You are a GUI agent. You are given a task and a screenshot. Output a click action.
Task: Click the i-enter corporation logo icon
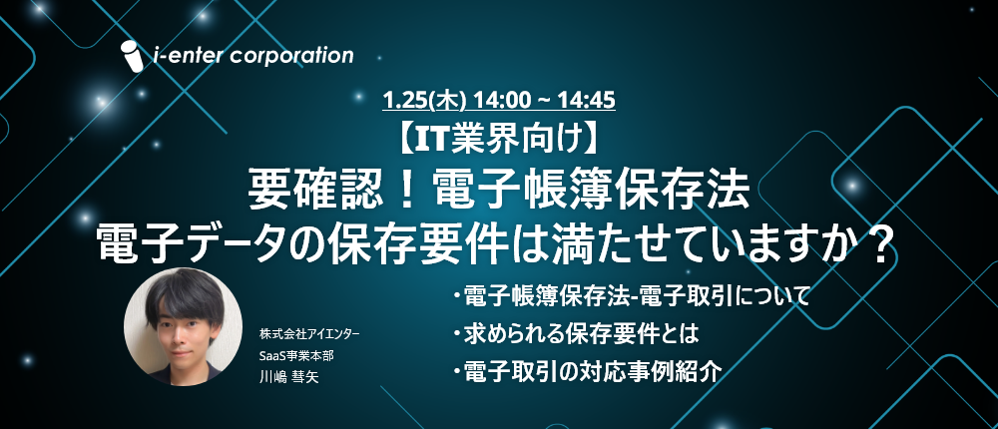point(133,56)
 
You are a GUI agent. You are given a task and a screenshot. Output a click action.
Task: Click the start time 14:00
point(495,100)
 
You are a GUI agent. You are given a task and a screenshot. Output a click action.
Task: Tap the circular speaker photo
point(183,326)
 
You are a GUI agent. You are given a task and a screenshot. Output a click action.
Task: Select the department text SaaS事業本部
point(296,355)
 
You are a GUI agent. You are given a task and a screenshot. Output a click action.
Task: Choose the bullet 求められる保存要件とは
point(577,333)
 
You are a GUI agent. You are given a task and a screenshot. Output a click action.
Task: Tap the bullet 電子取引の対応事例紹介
point(588,370)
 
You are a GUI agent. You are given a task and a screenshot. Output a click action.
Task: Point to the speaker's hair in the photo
point(183,296)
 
